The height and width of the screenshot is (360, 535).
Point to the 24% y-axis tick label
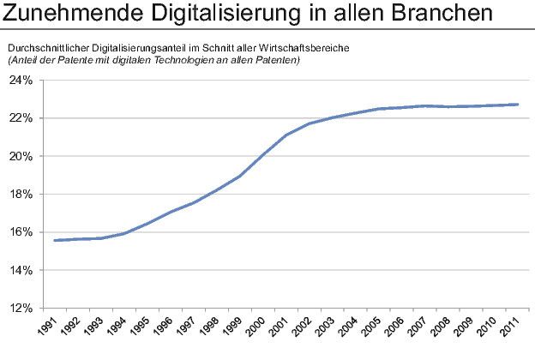[x=21, y=80]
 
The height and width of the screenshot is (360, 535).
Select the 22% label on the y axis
[x=21, y=117]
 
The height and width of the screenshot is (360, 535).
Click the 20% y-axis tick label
[x=21, y=156]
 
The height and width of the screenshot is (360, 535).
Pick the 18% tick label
[x=21, y=194]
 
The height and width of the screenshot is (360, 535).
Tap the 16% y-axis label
[x=21, y=231]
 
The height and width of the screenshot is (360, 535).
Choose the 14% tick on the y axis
[x=21, y=270]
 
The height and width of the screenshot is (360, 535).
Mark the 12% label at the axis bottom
[x=21, y=308]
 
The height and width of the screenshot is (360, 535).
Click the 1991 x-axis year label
[x=54, y=327]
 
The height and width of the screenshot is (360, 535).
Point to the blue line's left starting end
[x=54, y=240]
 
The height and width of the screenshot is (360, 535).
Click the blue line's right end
[x=516, y=105]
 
